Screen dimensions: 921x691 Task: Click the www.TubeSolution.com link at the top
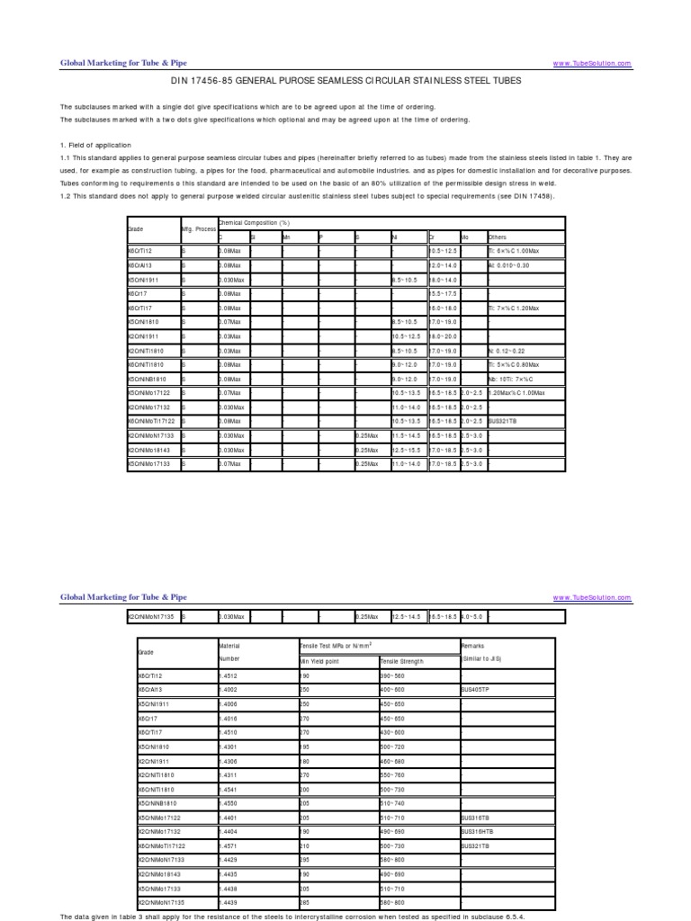click(x=591, y=64)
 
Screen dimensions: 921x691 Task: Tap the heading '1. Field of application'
click(x=95, y=145)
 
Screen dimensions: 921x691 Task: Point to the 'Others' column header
click(x=498, y=237)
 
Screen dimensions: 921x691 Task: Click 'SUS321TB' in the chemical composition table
click(x=504, y=422)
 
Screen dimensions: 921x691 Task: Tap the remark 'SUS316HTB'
click(x=477, y=832)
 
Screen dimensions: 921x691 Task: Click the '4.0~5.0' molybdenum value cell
click(x=473, y=616)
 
